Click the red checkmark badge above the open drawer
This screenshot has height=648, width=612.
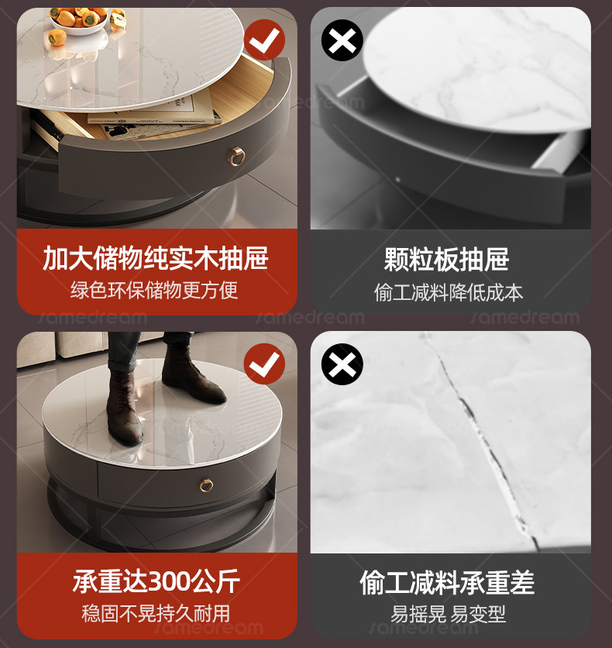pos(264,40)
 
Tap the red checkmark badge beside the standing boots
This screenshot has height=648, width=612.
pos(264,364)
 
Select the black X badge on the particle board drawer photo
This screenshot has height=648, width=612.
pos(342,40)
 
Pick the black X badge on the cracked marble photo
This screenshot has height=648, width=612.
pos(342,364)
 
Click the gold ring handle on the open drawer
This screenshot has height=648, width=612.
pos(237,157)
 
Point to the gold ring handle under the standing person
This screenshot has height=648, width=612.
pos(207,485)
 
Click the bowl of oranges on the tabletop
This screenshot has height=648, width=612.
pos(79,21)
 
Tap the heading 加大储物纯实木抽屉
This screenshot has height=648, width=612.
pos(156,258)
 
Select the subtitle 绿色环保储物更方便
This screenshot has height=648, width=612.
pos(154,290)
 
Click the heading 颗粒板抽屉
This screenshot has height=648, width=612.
pos(446,260)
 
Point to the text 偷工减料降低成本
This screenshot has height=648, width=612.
pos(449,292)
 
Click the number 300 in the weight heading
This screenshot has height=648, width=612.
pos(168,581)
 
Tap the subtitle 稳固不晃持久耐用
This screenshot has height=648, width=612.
pos(156,613)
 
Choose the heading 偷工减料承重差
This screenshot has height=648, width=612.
pos(447,583)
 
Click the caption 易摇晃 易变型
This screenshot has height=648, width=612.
pos(448,614)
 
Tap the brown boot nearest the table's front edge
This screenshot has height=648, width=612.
pos(123,407)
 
